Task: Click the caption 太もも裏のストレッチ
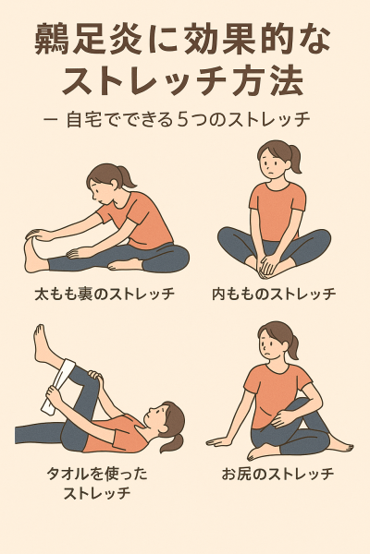click(105, 294)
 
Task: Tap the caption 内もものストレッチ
click(274, 294)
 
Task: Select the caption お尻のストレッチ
click(277, 475)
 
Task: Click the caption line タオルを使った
click(97, 474)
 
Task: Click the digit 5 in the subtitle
click(182, 120)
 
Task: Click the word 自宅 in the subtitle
click(83, 120)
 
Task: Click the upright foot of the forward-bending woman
click(33, 254)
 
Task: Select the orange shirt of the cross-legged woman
click(277, 211)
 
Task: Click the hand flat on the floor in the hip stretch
click(220, 441)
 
